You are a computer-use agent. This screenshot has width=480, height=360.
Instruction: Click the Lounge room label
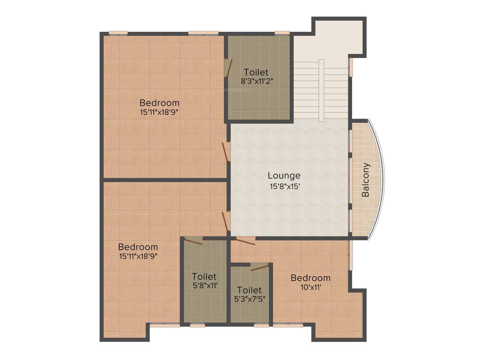(x=284, y=176)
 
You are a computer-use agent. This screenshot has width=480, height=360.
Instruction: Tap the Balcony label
(x=366, y=180)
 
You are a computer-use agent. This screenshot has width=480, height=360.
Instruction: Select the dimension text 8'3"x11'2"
(x=257, y=81)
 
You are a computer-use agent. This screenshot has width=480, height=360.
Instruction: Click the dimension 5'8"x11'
(x=204, y=285)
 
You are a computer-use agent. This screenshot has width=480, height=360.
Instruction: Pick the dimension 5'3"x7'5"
(x=249, y=299)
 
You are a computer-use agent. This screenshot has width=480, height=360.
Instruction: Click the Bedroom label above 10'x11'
(x=310, y=278)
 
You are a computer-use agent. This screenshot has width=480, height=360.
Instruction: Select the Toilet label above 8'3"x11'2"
(x=256, y=72)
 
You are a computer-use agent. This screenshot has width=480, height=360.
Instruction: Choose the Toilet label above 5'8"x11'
(x=204, y=277)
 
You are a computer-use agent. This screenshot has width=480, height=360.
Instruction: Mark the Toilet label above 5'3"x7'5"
(x=249, y=291)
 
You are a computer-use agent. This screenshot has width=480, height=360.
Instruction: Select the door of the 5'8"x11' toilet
(x=193, y=241)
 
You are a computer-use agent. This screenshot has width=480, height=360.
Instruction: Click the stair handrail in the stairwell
(x=321, y=89)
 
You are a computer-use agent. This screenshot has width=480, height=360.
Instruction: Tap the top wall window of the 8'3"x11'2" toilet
(x=282, y=33)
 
